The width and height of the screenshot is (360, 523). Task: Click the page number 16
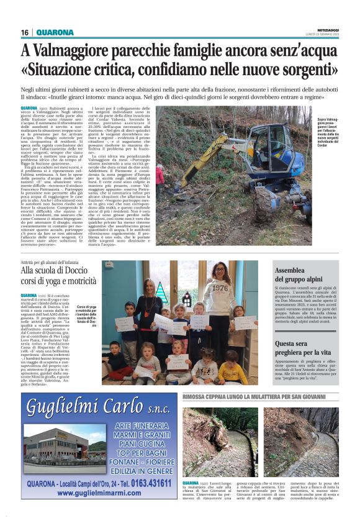(25, 32)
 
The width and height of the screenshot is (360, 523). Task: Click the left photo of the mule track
(220, 442)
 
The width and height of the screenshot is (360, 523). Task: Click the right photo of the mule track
(300, 442)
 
